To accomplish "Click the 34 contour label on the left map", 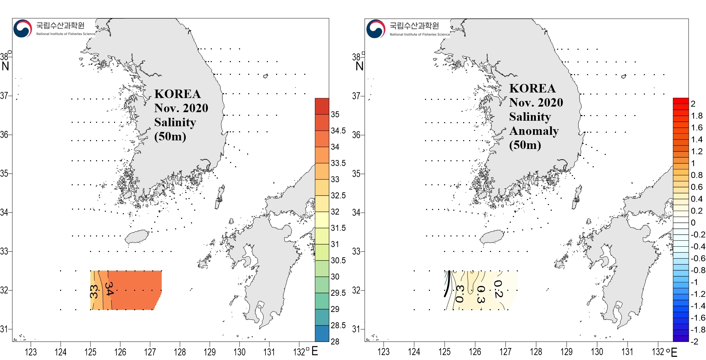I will coord(109,288).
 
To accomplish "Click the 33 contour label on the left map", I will coord(94,292).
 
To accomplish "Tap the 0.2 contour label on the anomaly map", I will coord(498,289).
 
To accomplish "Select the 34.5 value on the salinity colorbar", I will coord(338,131).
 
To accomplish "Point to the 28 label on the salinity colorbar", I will coord(335,341).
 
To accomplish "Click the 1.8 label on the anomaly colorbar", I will coord(696,116).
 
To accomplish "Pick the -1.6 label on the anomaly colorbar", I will coord(698,318).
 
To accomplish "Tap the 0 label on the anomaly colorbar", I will coord(693,223).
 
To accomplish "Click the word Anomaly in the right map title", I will coord(534,131).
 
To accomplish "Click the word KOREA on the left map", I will coord(178,94).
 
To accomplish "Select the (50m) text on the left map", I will coord(170,136).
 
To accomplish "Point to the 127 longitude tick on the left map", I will coord(150,352).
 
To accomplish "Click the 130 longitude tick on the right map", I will coord(597,352).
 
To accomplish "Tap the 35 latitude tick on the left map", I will coord(4,173).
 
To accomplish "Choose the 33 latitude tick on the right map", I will coord(356,251).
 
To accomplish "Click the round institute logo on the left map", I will coord(23,29).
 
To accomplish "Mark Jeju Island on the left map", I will coord(137,236).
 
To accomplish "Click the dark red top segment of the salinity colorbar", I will coord(322,106).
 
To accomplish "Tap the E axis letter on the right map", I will coord(674,352).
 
